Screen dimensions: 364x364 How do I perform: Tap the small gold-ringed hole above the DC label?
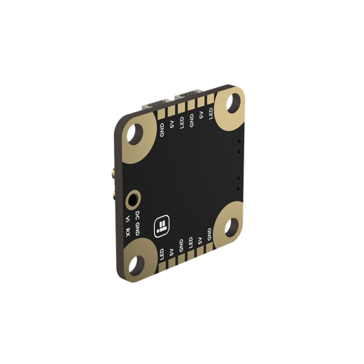pyautogui.click(x=132, y=200)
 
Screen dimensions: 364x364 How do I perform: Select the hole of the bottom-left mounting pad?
pyautogui.click(x=136, y=262)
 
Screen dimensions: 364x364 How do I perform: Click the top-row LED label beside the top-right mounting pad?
pyautogui.click(x=211, y=112)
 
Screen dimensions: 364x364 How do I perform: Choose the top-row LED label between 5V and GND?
pyautogui.click(x=181, y=122)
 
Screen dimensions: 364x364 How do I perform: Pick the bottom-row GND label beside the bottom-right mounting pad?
pyautogui.click(x=209, y=233)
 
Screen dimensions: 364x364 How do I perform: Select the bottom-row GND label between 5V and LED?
pyautogui.click(x=181, y=245)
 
